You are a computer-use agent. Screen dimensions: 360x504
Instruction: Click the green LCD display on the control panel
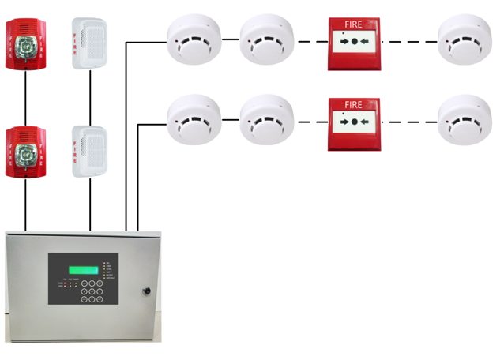[x=83, y=270]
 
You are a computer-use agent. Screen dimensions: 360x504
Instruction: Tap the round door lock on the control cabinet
[x=147, y=291]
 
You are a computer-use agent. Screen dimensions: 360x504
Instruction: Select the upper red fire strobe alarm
[x=24, y=44]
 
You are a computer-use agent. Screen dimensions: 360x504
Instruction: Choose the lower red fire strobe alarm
[x=24, y=152]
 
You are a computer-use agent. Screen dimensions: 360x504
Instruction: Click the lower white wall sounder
[x=89, y=151]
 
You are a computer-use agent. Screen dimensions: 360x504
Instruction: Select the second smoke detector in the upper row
[x=267, y=38]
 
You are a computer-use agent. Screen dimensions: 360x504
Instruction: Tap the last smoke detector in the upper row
[x=465, y=38]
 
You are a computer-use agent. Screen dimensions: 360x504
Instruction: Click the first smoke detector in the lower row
[x=194, y=120]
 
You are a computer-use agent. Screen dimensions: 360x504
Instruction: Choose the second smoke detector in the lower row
[x=267, y=120]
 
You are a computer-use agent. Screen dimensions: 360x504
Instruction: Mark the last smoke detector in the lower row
[x=465, y=120]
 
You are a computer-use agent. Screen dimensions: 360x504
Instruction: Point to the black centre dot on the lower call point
[x=354, y=122]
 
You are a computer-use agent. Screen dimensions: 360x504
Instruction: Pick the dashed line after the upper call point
[x=408, y=41]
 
